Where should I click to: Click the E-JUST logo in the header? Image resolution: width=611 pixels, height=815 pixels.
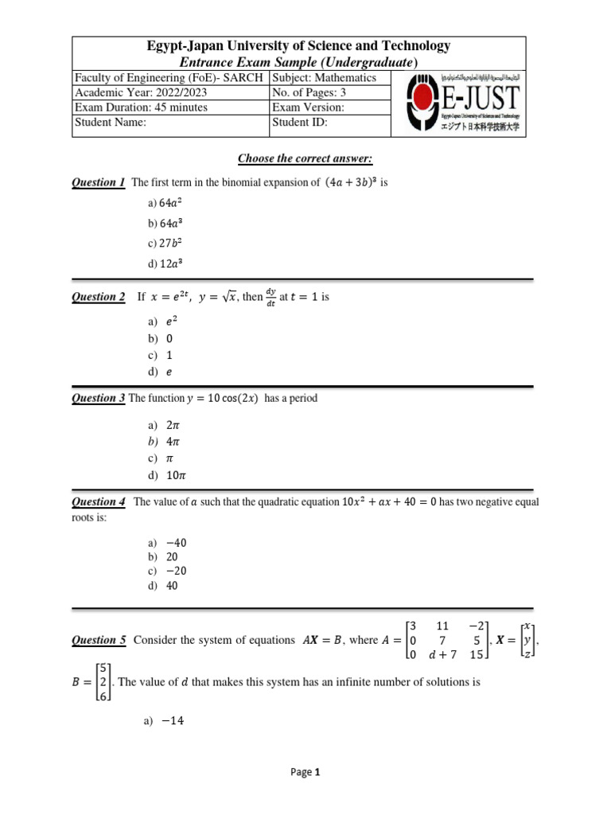pyautogui.click(x=464, y=103)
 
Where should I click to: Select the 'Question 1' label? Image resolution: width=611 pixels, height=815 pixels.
pyautogui.click(x=99, y=183)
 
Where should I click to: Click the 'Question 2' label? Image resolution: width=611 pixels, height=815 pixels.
pyautogui.click(x=99, y=297)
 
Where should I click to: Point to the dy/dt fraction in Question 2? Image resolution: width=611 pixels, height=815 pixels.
pyautogui.click(x=272, y=297)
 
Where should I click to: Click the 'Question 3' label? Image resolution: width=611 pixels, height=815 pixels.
pyautogui.click(x=99, y=398)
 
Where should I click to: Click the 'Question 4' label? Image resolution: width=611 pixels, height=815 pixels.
pyautogui.click(x=99, y=502)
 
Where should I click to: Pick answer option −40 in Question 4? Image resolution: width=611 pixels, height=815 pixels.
pyautogui.click(x=177, y=543)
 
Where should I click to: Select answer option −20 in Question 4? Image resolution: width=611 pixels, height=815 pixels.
pyautogui.click(x=177, y=571)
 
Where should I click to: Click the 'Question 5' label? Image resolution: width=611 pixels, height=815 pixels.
pyautogui.click(x=99, y=640)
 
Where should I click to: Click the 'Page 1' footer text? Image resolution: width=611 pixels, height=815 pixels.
pyautogui.click(x=305, y=771)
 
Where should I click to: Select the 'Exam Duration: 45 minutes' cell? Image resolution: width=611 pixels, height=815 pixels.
pyautogui.click(x=141, y=107)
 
